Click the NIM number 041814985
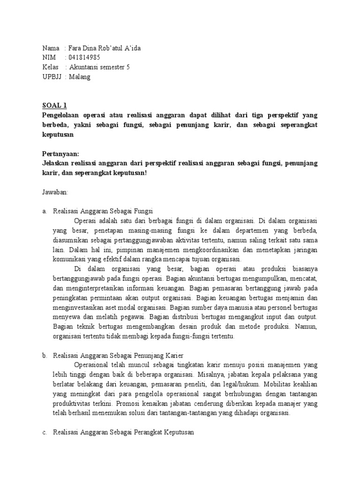84,58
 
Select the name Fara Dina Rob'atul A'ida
105,48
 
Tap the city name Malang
80,77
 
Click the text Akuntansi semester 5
99,67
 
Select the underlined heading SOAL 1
55,106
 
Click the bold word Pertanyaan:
60,154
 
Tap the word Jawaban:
55,192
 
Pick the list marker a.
45,211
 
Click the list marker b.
45,355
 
